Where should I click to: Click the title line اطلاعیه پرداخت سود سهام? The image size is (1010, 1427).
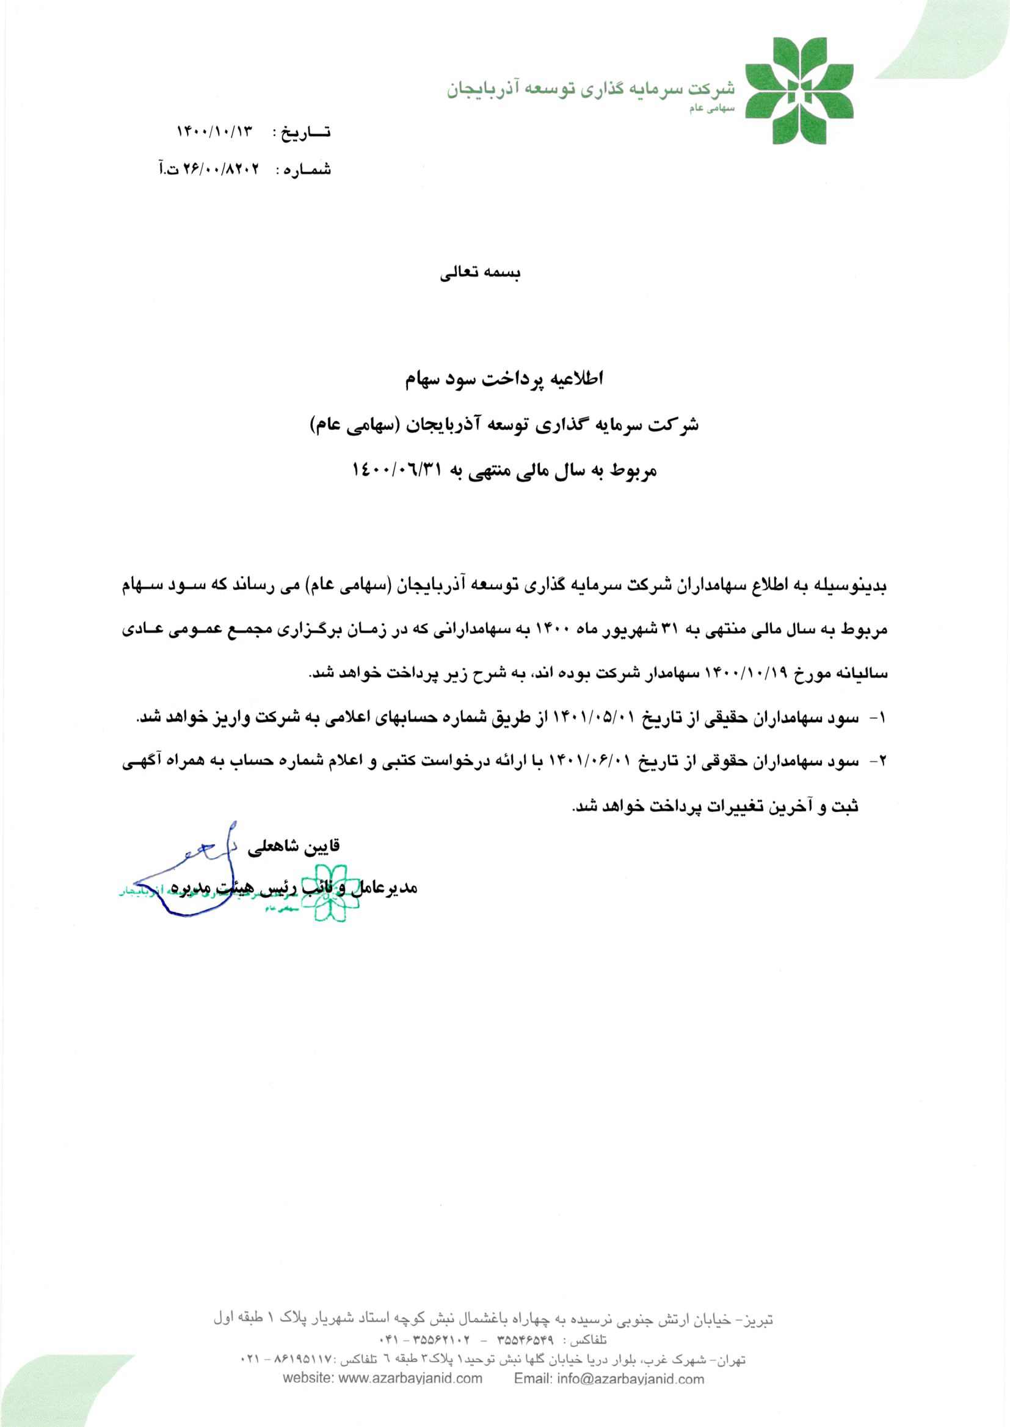point(504,379)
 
